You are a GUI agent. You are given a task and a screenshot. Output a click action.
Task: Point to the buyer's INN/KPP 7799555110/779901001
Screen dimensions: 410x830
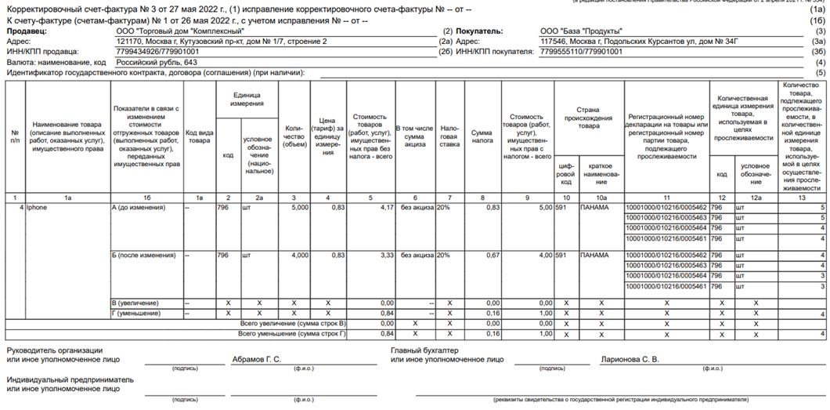coord(581,52)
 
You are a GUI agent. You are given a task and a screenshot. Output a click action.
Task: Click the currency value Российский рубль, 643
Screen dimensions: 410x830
coord(157,62)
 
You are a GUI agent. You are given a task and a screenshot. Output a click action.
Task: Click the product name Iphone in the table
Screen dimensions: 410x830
coord(37,208)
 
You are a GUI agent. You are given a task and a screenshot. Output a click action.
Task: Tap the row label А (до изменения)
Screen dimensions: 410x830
coord(139,208)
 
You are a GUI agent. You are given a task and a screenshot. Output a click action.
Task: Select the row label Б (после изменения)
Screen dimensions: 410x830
coord(143,256)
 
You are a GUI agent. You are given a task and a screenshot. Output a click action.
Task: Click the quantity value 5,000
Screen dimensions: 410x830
coord(298,208)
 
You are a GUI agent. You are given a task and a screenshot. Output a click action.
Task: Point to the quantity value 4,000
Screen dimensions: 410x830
coord(298,256)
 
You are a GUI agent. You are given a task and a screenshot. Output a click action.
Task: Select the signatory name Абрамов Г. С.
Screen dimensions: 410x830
coord(256,360)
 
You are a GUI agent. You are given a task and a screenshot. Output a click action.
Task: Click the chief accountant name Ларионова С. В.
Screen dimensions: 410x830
coord(629,360)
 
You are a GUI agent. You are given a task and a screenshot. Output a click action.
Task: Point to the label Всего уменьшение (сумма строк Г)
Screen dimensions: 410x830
coord(293,334)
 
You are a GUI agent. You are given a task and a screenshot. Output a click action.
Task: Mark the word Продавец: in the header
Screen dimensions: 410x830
coord(27,31)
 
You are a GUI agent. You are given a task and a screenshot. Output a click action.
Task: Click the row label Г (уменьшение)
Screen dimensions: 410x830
coord(136,314)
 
